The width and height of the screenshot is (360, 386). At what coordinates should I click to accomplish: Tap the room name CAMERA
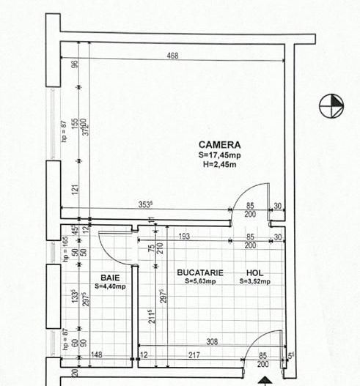pyautogui.click(x=219, y=146)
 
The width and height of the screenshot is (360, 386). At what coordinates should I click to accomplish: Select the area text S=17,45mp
pyautogui.click(x=219, y=155)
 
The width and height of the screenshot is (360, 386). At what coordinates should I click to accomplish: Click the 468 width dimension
pyautogui.click(x=173, y=56)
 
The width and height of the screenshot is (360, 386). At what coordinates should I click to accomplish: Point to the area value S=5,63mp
pyautogui.click(x=199, y=281)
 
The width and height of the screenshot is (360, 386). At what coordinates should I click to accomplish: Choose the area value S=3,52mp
pyautogui.click(x=254, y=281)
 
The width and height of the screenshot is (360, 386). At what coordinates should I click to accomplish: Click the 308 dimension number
pyautogui.click(x=211, y=341)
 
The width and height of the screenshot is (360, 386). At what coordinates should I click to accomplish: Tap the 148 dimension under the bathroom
pyautogui.click(x=96, y=357)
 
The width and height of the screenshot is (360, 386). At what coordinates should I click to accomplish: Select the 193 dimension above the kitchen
pyautogui.click(x=185, y=236)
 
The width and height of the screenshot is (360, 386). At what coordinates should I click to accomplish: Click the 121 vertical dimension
pyautogui.click(x=75, y=189)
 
